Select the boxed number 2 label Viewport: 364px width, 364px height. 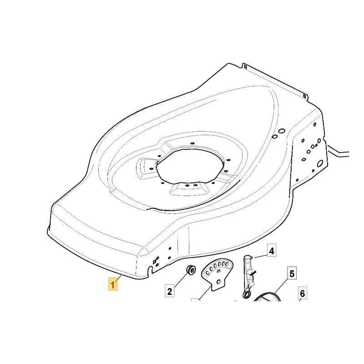[x=169, y=291]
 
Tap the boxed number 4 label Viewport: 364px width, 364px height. [x=271, y=251]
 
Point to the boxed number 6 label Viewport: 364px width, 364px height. [x=303, y=294]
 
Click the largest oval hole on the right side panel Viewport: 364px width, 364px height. [x=320, y=162]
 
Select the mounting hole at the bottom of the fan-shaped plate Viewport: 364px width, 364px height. [x=219, y=283]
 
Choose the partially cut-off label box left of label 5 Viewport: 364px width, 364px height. [x=196, y=302]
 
